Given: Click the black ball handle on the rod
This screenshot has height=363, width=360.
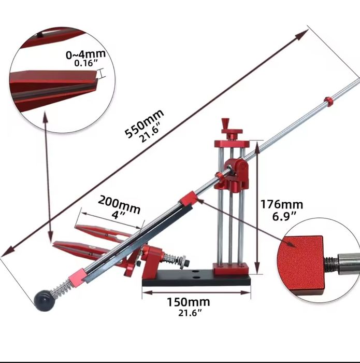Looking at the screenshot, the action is point(44,300).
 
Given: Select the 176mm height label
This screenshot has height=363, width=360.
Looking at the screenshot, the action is point(282,204).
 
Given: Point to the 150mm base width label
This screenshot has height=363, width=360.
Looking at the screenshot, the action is point(189,302).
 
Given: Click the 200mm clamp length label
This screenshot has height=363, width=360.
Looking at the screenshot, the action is point(120,204).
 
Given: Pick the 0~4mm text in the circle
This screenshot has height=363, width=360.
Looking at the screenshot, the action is point(86,54).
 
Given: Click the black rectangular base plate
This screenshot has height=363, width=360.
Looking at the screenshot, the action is point(196,280).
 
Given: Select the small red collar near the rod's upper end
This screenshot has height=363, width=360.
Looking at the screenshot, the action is point(328,101).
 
